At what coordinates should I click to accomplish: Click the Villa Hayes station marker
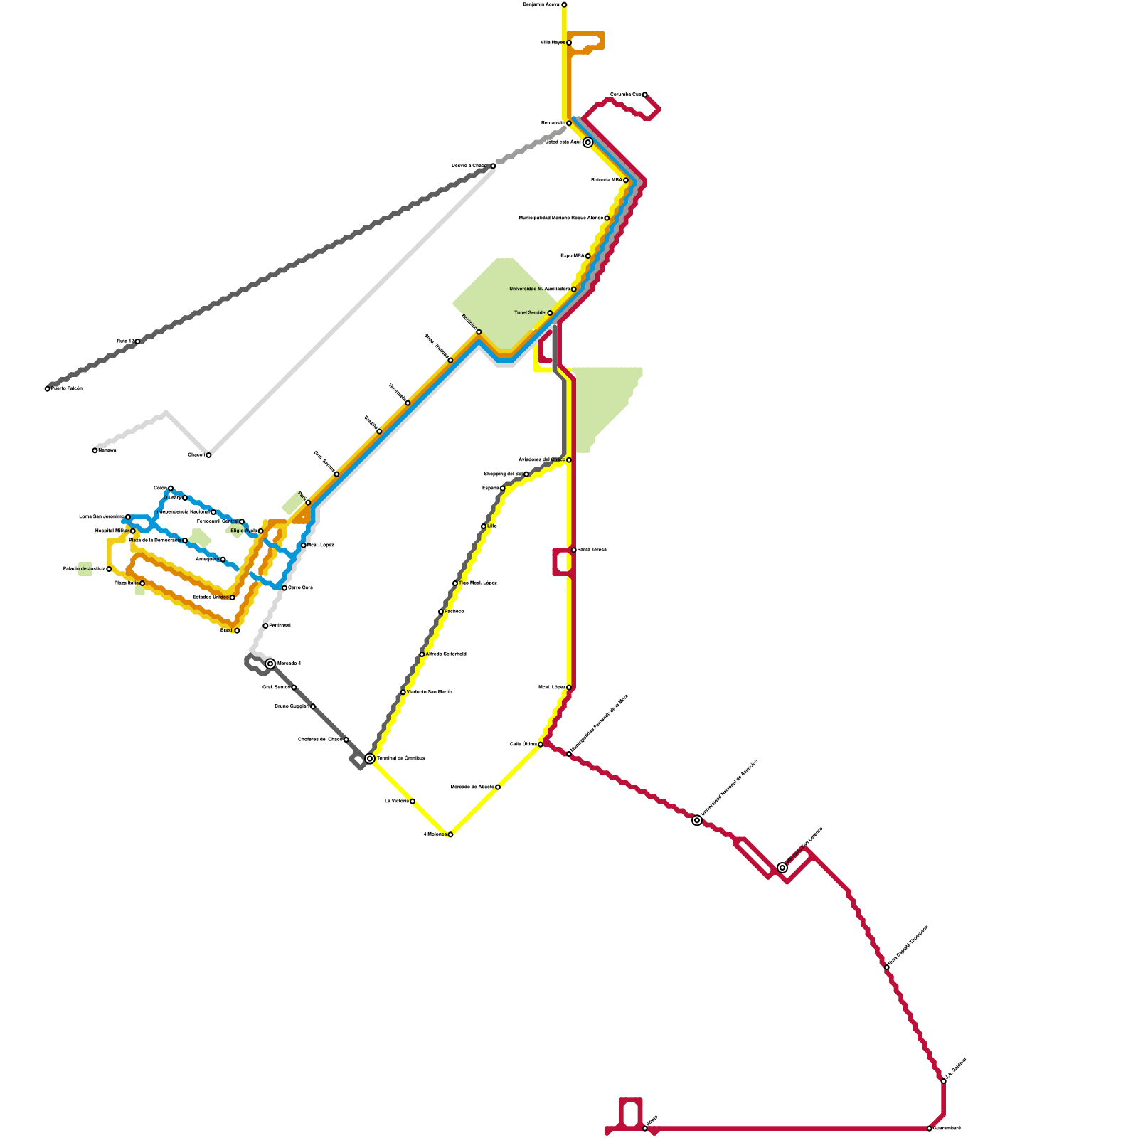click(569, 43)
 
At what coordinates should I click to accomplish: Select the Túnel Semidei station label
click(530, 313)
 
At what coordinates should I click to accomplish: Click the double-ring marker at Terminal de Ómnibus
click(370, 759)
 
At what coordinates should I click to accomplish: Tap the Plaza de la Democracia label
click(154, 541)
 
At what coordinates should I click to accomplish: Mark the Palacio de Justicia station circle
click(109, 569)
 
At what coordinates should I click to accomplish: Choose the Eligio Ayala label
click(243, 531)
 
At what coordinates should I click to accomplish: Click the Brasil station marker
click(237, 631)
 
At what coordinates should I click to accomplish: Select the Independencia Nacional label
click(181, 512)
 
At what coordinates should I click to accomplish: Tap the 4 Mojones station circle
click(450, 834)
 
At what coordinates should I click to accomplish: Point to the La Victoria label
click(396, 802)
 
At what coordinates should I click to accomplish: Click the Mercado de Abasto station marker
click(498, 787)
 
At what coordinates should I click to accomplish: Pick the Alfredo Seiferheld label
click(447, 654)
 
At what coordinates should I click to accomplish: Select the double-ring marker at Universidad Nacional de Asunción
click(697, 821)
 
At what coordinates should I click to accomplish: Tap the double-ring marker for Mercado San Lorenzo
click(782, 868)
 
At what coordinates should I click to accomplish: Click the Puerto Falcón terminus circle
click(48, 389)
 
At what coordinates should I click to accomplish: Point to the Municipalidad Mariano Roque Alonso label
click(560, 218)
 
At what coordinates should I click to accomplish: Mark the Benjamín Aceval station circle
click(564, 5)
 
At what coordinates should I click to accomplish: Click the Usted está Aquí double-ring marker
click(588, 142)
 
